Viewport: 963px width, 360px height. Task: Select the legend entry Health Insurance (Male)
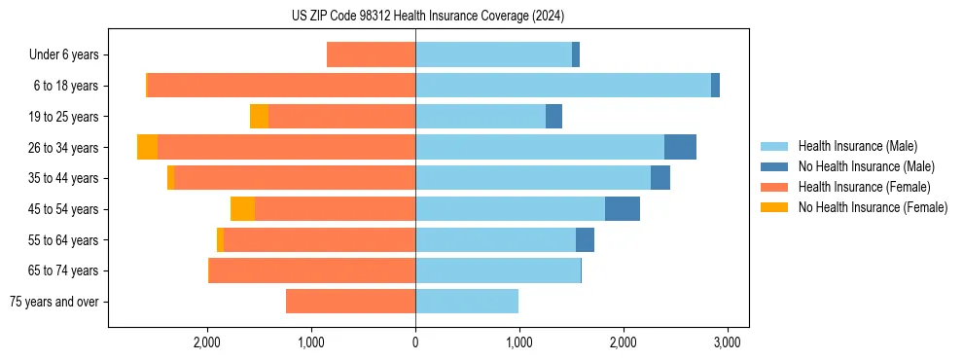(856, 146)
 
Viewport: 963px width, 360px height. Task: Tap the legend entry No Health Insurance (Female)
(873, 207)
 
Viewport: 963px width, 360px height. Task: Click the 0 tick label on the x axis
(415, 342)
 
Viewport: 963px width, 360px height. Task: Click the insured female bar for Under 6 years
(371, 54)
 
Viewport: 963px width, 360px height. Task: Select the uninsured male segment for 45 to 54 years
(623, 208)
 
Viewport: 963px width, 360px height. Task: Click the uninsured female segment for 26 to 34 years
(147, 147)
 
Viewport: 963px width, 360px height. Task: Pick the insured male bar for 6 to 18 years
(563, 86)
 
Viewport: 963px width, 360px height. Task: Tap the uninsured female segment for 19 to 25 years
(259, 116)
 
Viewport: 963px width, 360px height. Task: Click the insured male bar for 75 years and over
(467, 301)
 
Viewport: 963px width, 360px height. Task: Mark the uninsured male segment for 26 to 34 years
(680, 147)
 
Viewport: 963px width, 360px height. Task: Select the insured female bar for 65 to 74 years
(312, 270)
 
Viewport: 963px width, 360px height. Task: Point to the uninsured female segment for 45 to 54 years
(242, 208)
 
